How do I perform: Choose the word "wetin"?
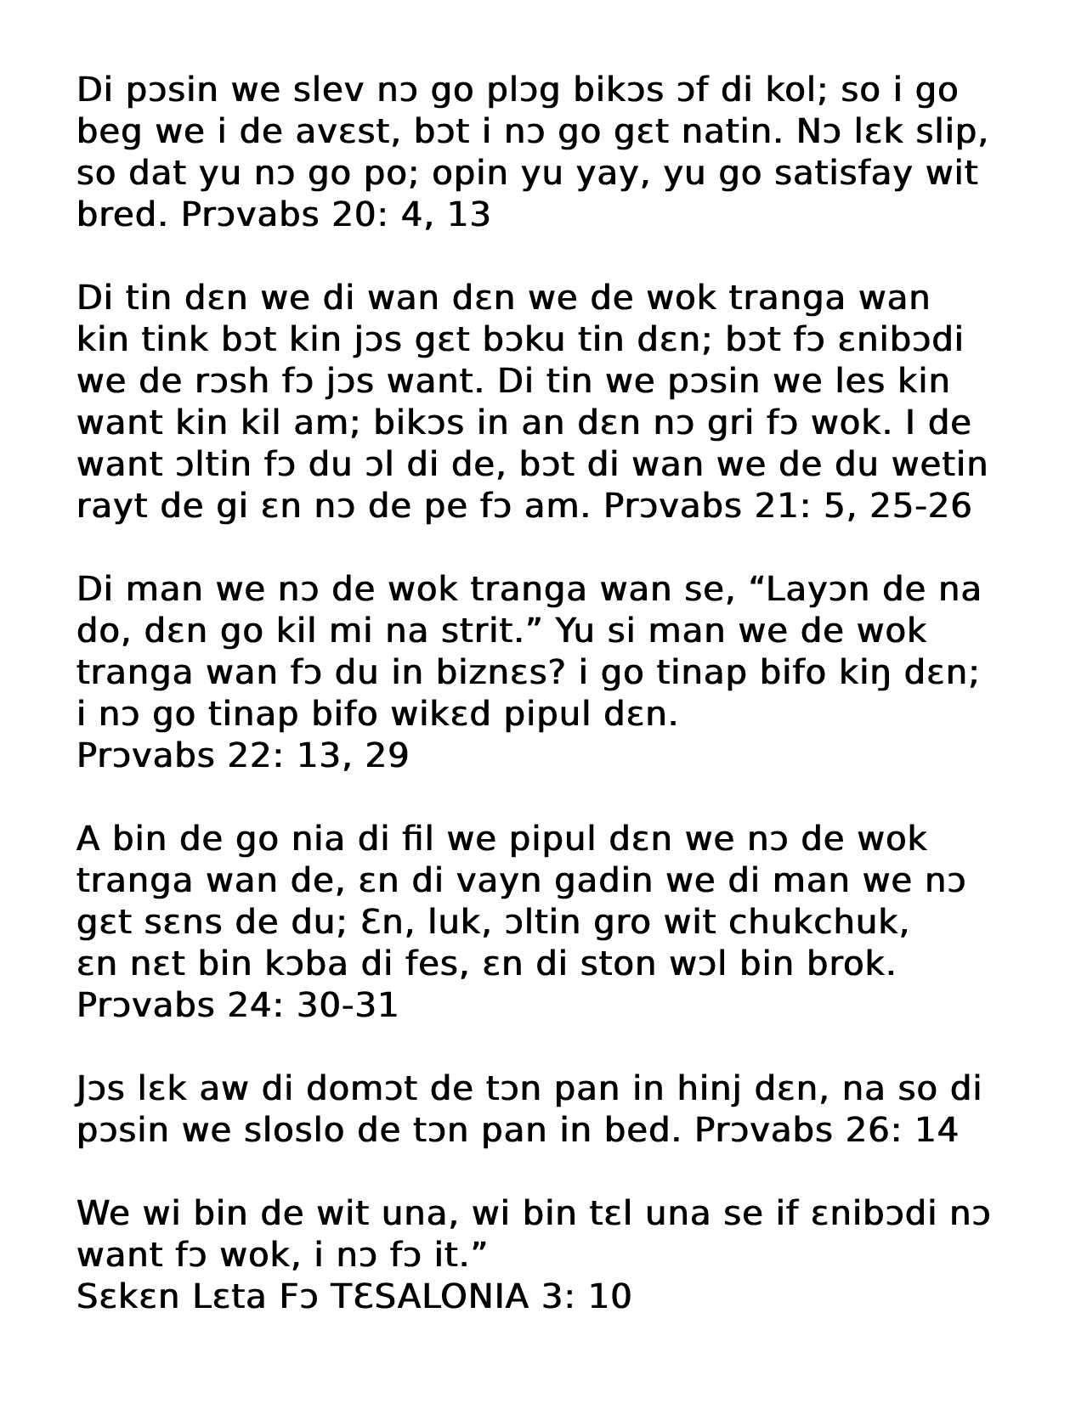938,464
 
